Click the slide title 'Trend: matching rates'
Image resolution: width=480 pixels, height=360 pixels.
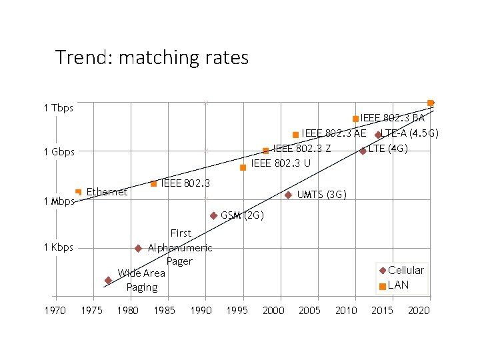click(x=152, y=58)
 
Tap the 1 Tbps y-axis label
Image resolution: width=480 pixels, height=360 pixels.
click(x=59, y=108)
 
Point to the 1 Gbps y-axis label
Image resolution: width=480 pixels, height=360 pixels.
click(x=59, y=152)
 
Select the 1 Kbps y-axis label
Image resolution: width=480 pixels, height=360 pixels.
click(x=59, y=247)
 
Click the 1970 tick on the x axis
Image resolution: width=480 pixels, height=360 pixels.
click(x=55, y=311)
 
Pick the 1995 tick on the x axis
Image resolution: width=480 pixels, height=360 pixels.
click(x=237, y=311)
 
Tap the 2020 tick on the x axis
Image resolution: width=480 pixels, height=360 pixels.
click(x=419, y=311)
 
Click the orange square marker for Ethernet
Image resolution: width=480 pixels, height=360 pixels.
click(x=79, y=192)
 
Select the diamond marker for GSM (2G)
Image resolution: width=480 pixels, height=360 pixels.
click(x=213, y=215)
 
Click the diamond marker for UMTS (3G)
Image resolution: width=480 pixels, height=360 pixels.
click(x=288, y=195)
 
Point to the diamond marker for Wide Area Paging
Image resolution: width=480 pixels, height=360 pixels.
click(x=108, y=280)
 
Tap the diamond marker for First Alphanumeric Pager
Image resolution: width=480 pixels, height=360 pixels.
click(x=138, y=248)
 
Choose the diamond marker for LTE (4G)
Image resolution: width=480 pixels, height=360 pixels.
click(x=363, y=151)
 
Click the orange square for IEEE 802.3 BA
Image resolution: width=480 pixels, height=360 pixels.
click(x=355, y=119)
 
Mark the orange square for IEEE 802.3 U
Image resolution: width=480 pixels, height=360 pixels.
click(x=243, y=167)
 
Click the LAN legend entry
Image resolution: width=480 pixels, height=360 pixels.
click(x=398, y=285)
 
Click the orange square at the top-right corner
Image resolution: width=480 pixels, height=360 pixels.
click(x=431, y=103)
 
